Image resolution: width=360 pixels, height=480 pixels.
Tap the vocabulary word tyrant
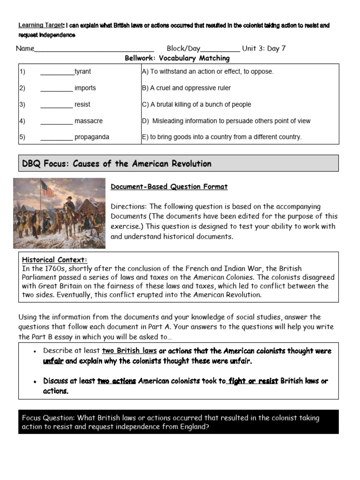click(x=82, y=72)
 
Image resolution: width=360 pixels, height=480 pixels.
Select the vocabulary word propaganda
click(x=91, y=137)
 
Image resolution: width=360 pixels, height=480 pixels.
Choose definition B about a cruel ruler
click(x=186, y=88)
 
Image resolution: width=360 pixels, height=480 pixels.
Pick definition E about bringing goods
click(x=222, y=137)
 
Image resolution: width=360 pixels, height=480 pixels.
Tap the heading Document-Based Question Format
click(x=169, y=187)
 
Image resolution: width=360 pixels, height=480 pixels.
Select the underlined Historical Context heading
click(x=55, y=260)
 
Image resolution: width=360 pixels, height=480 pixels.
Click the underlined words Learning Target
click(x=40, y=25)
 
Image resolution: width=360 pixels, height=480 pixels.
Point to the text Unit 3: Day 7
click(x=264, y=49)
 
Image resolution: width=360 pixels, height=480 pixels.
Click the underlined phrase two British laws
click(x=129, y=351)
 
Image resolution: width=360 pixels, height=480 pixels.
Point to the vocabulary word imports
click(x=85, y=88)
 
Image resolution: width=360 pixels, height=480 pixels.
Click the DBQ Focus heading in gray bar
click(x=117, y=164)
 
